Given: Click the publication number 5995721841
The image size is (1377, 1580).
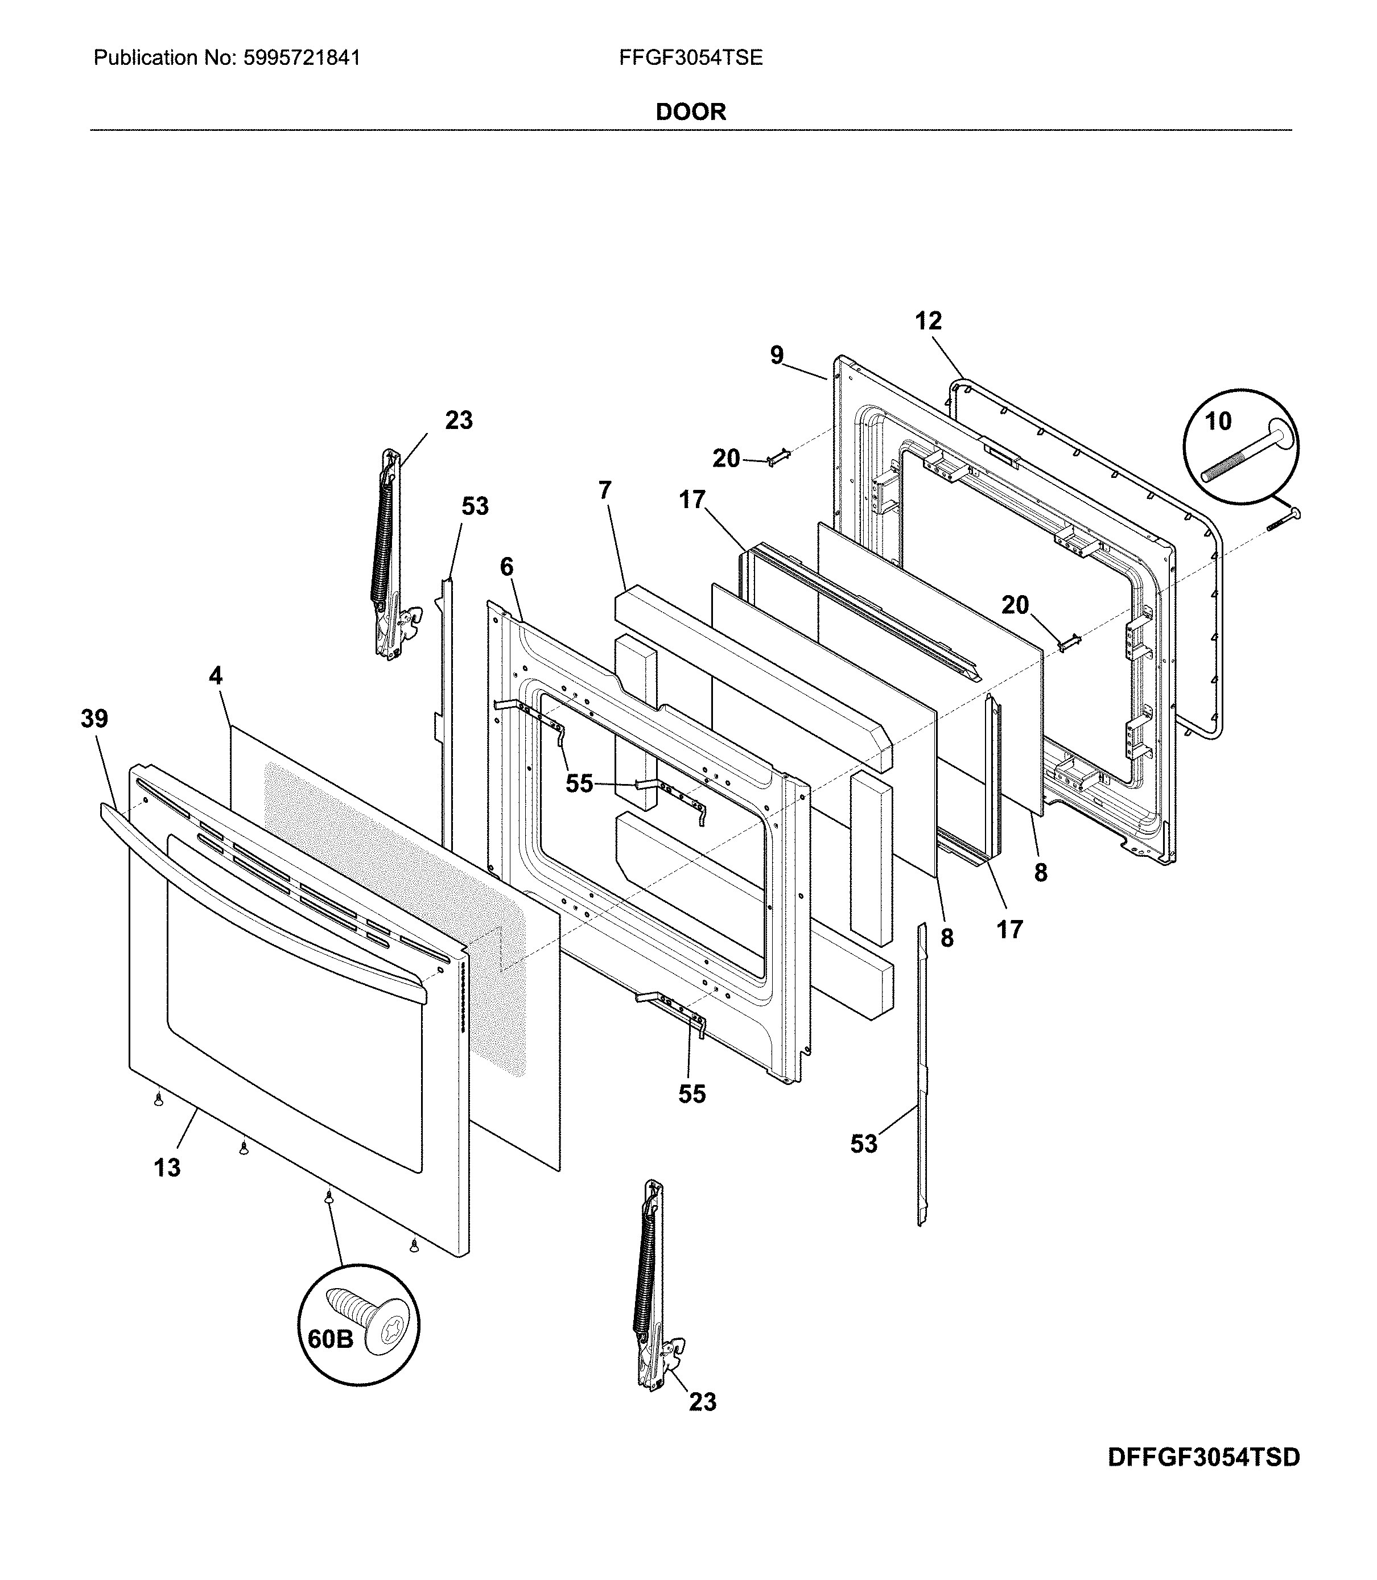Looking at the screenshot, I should coord(301,57).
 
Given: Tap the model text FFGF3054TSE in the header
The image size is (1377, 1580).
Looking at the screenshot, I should coord(690,57).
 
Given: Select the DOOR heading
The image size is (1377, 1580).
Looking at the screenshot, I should coord(690,112).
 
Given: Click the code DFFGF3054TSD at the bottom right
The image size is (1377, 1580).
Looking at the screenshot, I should coord(1203,1457).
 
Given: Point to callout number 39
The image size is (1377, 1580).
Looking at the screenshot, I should coord(94,719).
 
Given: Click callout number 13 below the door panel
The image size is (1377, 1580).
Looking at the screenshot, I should coord(167,1168).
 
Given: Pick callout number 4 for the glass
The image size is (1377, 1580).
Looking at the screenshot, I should coord(216,676).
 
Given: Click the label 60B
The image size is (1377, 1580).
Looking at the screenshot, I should coord(331,1339).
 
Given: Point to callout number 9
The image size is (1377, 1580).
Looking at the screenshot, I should coord(777,355).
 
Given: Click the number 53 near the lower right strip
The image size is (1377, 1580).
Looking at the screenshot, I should coord(863,1144).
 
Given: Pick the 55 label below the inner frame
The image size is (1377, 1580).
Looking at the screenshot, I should coord(691,1094).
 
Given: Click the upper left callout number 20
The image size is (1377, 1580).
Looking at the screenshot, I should coord(726,459).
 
